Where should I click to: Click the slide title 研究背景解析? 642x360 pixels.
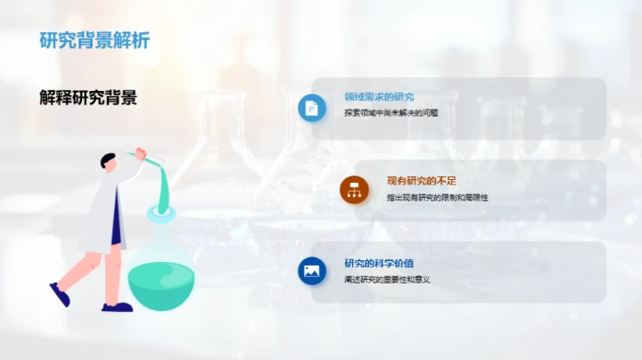[x=95, y=40]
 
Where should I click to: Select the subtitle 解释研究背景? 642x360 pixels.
[x=88, y=98]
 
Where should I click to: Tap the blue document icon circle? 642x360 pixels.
[x=312, y=107]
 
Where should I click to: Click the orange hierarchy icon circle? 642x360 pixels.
[x=354, y=189]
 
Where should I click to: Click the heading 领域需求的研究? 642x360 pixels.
[x=379, y=97]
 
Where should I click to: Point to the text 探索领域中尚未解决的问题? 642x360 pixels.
[x=391, y=113]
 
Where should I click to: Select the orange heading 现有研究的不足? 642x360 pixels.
[x=421, y=181]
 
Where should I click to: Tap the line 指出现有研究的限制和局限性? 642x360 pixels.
[x=437, y=197]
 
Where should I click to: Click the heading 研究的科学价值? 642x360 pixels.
[x=379, y=263]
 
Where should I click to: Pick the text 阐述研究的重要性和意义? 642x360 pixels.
[x=387, y=280]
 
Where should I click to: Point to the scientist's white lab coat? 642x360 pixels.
[x=104, y=205]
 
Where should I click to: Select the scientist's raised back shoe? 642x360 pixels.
[x=60, y=295]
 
